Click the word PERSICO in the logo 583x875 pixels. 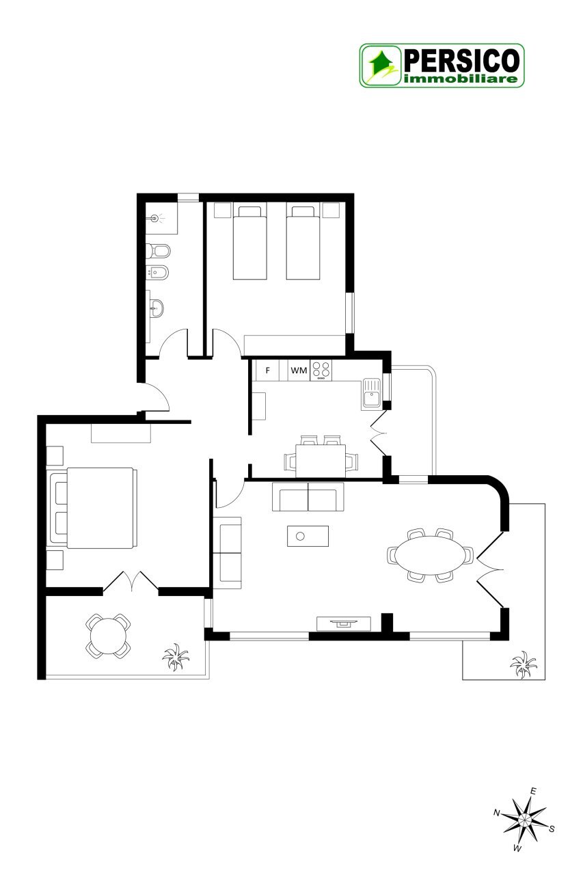[x=461, y=61]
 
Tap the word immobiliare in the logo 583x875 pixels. [x=461, y=79]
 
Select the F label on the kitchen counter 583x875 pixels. [x=267, y=370]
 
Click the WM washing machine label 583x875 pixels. [x=299, y=370]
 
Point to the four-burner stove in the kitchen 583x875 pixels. [x=321, y=370]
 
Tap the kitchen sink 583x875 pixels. [x=371, y=394]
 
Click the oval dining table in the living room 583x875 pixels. [x=430, y=554]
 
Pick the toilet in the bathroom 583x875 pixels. [x=158, y=251]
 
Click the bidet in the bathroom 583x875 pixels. [x=157, y=272]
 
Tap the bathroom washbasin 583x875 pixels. [x=157, y=308]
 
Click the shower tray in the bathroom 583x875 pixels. [x=161, y=218]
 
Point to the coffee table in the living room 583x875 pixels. [x=308, y=536]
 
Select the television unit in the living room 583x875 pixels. [x=344, y=623]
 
